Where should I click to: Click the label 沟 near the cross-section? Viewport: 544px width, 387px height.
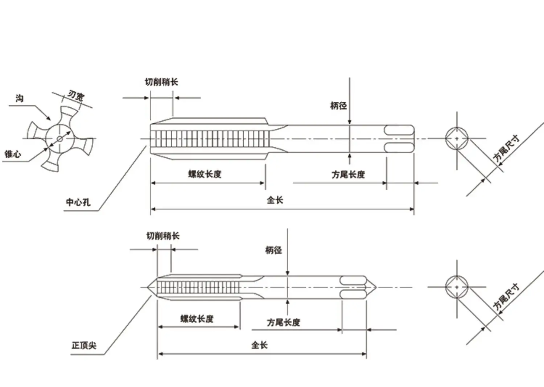[x=20, y=98]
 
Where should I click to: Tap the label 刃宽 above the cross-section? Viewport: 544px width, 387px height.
[x=76, y=95]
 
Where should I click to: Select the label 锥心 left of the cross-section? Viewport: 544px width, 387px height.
[x=13, y=154]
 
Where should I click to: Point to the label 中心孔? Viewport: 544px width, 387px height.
[x=78, y=202]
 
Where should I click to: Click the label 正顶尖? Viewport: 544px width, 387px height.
[x=84, y=345]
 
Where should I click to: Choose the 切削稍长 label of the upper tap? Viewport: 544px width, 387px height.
[x=161, y=82]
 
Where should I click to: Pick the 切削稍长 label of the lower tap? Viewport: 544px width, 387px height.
[x=163, y=236]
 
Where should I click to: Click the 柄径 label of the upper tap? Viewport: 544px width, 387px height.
[x=338, y=106]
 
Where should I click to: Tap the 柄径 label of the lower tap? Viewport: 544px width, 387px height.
[x=273, y=250]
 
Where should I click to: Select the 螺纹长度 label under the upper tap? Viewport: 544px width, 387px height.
[x=205, y=174]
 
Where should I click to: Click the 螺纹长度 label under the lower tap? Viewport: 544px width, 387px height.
[x=197, y=319]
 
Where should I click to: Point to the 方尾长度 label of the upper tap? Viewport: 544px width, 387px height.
[x=348, y=174]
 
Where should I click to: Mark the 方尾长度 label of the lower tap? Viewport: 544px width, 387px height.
[x=283, y=322]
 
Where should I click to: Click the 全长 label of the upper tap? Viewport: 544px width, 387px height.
[x=275, y=200]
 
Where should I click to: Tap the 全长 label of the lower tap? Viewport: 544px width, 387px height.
[x=259, y=345]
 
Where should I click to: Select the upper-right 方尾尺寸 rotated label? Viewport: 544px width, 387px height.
[x=506, y=149]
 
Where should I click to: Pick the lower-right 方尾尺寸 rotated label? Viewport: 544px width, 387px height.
[x=506, y=297]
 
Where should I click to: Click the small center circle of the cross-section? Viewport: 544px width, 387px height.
[x=59, y=139]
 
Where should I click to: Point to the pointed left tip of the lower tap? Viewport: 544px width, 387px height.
[x=147, y=287]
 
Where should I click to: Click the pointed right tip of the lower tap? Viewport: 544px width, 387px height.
[x=376, y=287]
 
